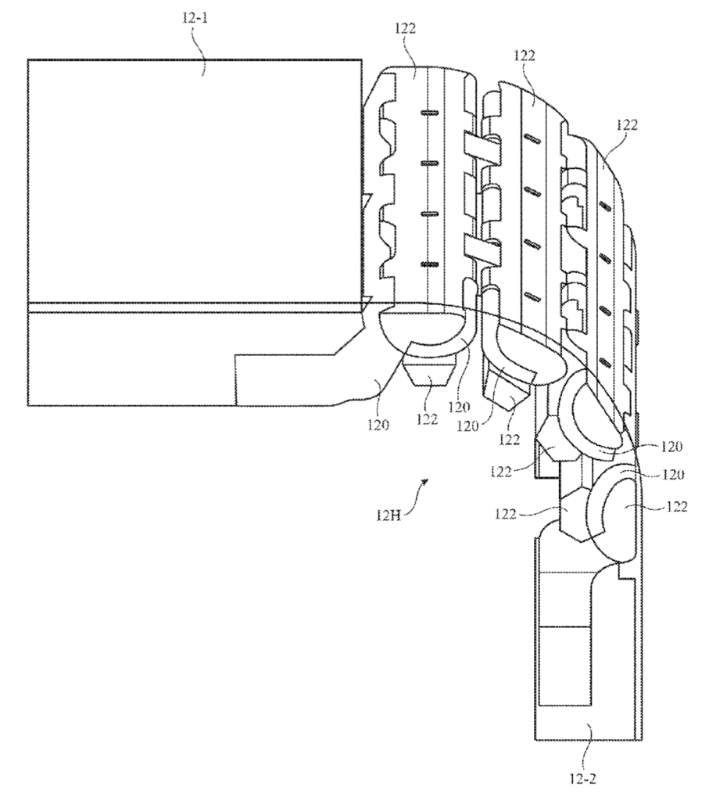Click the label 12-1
(x=195, y=19)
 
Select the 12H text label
(x=388, y=515)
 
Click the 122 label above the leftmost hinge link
(x=405, y=29)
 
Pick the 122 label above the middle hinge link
(x=524, y=56)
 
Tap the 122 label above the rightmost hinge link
(x=627, y=124)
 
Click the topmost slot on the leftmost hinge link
(x=428, y=113)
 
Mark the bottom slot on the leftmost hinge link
(x=428, y=264)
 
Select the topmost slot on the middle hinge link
(x=533, y=138)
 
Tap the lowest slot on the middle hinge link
(x=533, y=296)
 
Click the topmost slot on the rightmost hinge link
(x=605, y=206)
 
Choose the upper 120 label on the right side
(x=671, y=447)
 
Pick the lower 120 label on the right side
(x=673, y=475)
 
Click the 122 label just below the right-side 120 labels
(x=677, y=506)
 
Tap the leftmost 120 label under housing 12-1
(x=378, y=425)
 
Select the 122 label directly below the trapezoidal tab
(x=427, y=419)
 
